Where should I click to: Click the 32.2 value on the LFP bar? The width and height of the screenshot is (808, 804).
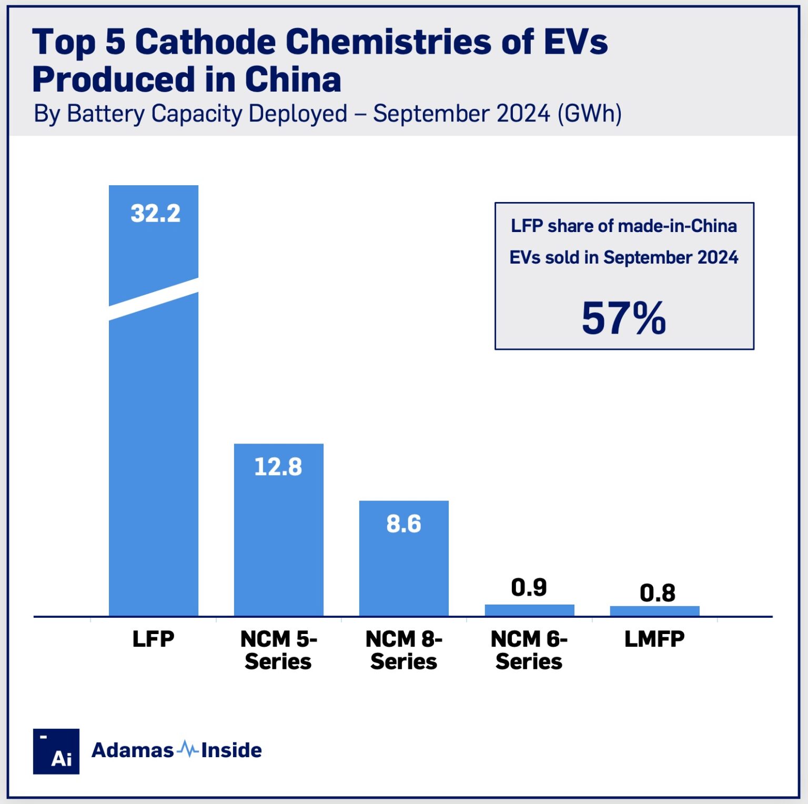tap(155, 214)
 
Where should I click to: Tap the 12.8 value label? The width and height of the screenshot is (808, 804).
tap(278, 467)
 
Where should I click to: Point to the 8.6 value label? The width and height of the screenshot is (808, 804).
tap(403, 524)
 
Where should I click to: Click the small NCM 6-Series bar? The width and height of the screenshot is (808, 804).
tap(529, 610)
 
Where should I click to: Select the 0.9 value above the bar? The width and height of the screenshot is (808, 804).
tap(529, 587)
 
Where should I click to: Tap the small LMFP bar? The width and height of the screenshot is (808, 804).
tap(654, 611)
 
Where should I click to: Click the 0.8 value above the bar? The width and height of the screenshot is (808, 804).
tap(657, 593)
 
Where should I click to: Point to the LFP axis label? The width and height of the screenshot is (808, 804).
tap(153, 639)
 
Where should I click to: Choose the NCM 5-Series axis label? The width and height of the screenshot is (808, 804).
tap(278, 650)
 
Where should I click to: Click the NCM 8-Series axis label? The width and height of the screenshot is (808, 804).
tap(403, 650)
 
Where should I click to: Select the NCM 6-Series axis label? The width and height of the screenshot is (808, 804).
tap(529, 650)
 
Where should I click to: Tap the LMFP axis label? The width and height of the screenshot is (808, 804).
tap(654, 639)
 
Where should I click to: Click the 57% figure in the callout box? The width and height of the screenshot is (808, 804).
tap(624, 318)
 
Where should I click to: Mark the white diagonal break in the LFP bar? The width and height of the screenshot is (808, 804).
tap(154, 299)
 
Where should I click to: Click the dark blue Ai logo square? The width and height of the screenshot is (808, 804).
tap(56, 751)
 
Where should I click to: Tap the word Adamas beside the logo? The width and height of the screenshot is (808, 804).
tap(133, 750)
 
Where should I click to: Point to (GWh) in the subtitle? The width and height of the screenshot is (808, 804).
tap(589, 114)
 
